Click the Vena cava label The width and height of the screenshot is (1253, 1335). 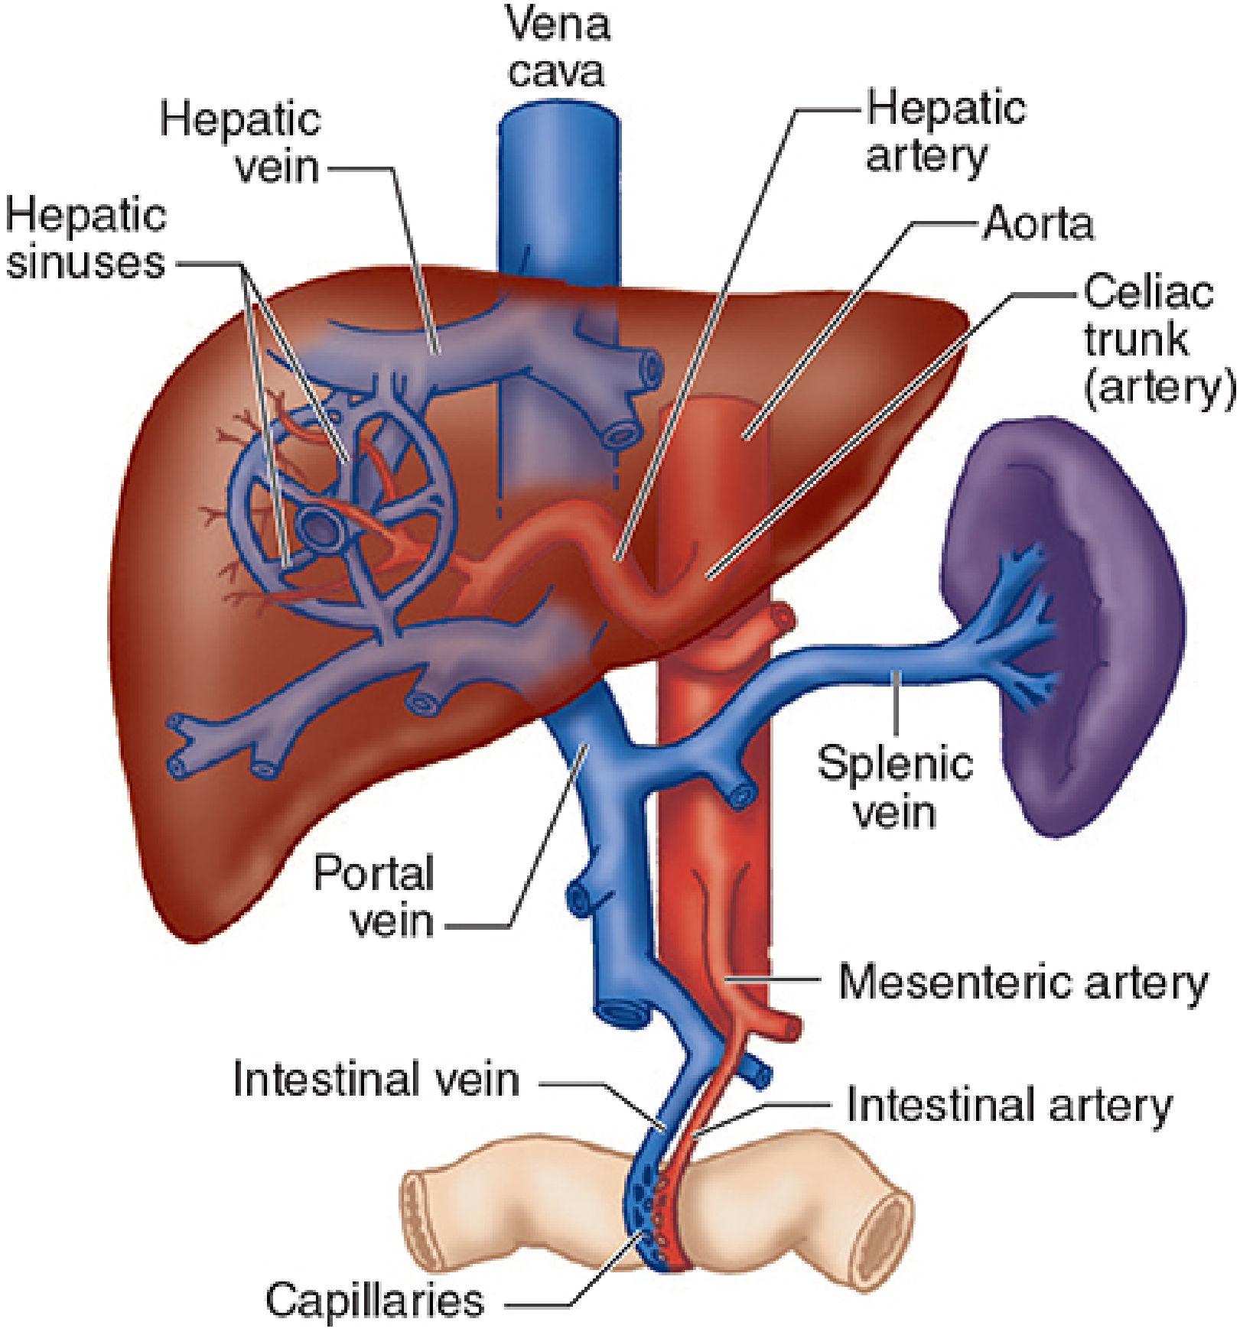(x=558, y=47)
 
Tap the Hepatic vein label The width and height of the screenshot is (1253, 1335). (x=240, y=143)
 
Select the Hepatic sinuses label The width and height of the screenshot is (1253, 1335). (x=86, y=239)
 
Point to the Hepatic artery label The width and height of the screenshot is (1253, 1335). (x=945, y=132)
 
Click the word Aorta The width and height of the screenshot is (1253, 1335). (x=1038, y=224)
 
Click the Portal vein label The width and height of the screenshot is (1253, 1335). (x=374, y=895)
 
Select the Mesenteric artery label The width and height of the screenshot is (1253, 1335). (x=1023, y=982)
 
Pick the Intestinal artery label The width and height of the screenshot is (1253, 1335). (x=1009, y=1106)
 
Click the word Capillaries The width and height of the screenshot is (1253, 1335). (x=375, y=1299)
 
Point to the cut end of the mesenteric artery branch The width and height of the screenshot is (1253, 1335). (x=790, y=1026)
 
